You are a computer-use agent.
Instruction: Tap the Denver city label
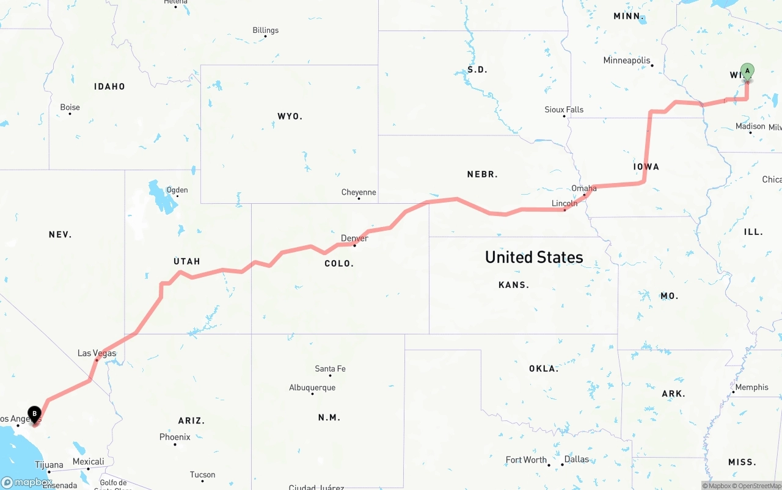[354, 238]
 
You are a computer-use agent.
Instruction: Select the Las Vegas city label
[97, 353]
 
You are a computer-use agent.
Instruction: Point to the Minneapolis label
[627, 60]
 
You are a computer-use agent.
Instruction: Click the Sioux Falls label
[564, 110]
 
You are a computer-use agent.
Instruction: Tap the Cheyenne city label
[359, 193]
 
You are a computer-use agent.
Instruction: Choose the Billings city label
[265, 31]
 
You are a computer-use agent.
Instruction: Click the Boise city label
[70, 107]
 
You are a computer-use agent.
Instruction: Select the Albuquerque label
[312, 387]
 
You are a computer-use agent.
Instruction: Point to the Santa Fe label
[330, 369]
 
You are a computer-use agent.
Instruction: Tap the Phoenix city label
[175, 437]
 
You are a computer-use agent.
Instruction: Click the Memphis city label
[751, 387]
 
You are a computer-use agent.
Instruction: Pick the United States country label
[534, 258]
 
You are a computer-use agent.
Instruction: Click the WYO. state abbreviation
[290, 116]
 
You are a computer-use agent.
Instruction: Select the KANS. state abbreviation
[514, 285]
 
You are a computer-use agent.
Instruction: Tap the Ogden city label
[177, 190]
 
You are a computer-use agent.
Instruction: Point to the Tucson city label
[202, 475]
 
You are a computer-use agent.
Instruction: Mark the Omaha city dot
[584, 195]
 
